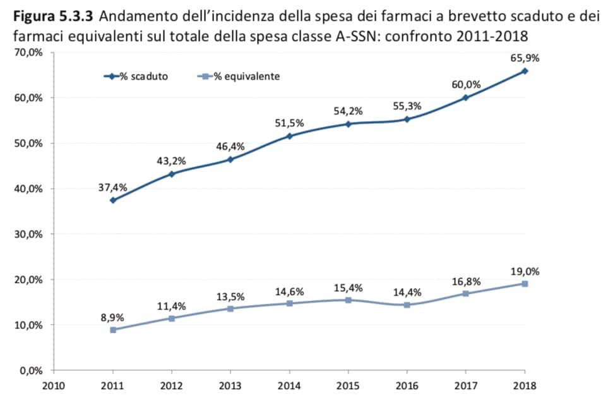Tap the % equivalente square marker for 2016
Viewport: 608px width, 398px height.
[407, 305]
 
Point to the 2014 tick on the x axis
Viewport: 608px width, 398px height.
[289, 385]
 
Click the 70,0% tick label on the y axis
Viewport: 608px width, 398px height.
[28, 52]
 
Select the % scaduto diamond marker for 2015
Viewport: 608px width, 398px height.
[348, 124]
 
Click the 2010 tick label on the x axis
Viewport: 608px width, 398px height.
[54, 385]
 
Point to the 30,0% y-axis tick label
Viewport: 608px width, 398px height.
[28, 234]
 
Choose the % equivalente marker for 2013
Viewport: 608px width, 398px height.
[230, 308]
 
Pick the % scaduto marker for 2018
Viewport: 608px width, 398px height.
[524, 71]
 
